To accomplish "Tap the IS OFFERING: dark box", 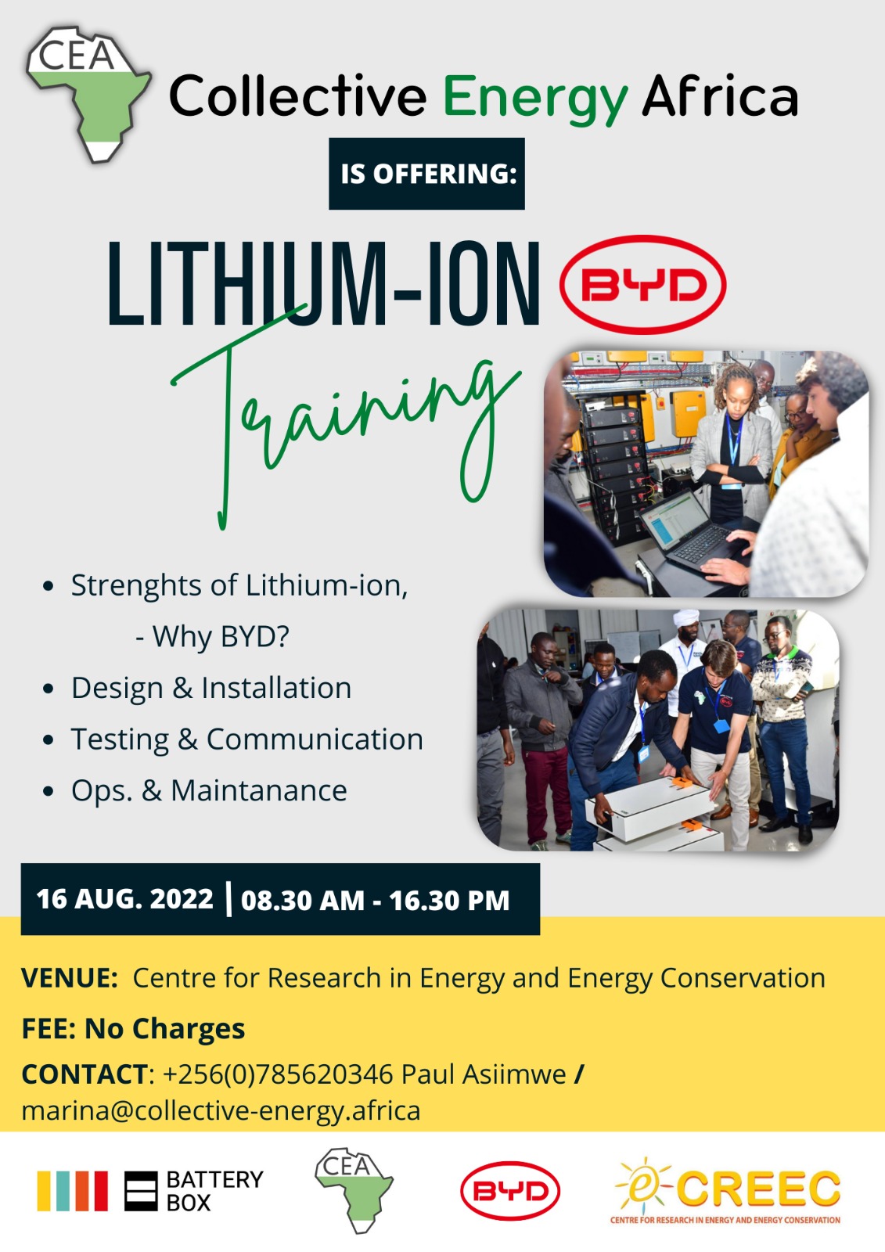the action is pos(426,174).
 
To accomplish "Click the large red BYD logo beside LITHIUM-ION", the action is pos(643,285).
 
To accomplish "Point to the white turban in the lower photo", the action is pos(686,619).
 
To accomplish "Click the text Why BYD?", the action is pos(220,636).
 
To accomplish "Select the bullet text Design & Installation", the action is pos(211,688).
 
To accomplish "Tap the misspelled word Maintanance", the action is pos(259,790).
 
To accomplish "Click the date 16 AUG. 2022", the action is pos(124,899).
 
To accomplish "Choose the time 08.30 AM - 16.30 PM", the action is pos(375,900).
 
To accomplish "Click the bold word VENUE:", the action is pos(70,978).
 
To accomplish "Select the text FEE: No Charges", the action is pos(133,1029).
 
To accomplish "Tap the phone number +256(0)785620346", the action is pos(278,1075).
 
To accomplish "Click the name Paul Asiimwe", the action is pos(484,1075).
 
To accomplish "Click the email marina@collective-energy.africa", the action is pos(221,1111).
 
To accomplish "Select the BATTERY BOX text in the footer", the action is pos(214,1191).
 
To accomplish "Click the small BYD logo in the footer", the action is pos(510,1191).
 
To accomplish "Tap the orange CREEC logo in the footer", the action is pos(727,1191).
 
